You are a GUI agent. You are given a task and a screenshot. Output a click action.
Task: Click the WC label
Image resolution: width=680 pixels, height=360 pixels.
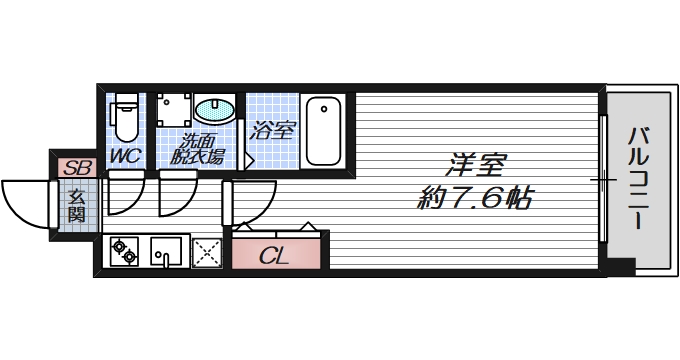point(125,155)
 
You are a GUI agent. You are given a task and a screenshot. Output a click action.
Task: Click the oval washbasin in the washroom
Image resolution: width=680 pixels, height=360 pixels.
point(214,110)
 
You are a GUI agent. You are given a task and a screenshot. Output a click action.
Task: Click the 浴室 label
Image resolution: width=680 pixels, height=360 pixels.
point(272,129)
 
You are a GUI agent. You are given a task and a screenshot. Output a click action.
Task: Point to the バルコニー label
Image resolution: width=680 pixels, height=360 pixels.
point(640,175)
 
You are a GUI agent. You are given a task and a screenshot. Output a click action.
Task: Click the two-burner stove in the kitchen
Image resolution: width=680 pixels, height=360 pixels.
point(125,251)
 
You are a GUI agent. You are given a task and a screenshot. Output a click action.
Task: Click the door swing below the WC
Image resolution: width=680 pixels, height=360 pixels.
point(124,193)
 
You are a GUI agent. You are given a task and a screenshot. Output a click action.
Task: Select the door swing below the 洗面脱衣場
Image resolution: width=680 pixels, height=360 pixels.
point(176,193)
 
